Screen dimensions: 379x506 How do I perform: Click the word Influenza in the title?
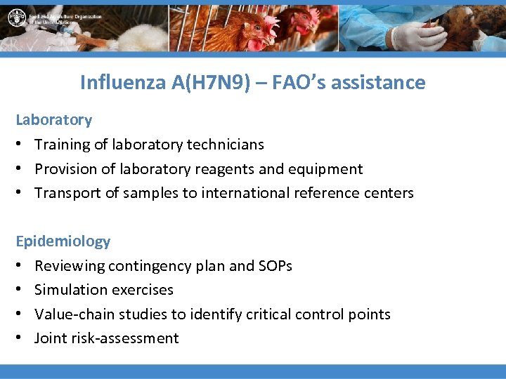click(122, 82)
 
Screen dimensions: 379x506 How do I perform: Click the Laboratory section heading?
click(54, 120)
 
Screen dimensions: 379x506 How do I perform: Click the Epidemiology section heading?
click(63, 241)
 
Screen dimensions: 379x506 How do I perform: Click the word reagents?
click(221, 169)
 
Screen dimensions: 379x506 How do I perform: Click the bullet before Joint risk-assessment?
click(20, 338)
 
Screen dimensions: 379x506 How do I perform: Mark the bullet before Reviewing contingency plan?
click(20, 266)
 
